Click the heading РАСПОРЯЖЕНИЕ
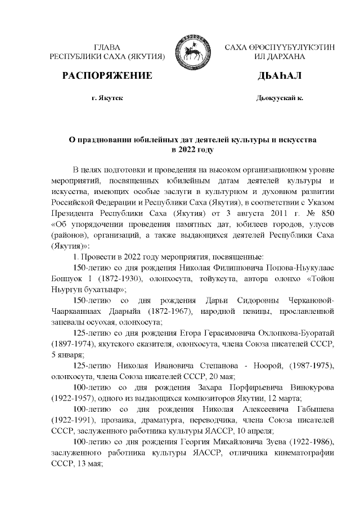pos(107,76)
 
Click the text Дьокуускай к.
pos(280,98)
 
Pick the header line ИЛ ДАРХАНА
pos(280,57)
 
